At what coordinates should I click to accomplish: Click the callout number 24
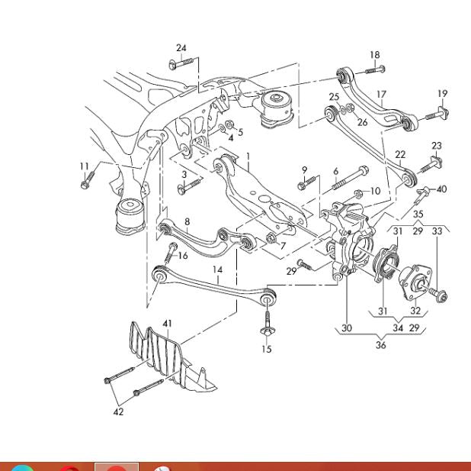coord(181,48)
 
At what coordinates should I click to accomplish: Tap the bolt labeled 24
coord(179,64)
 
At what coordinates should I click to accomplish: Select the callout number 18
coord(374,55)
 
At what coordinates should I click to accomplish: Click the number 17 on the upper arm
coord(381,95)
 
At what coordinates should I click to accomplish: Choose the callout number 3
coord(184,175)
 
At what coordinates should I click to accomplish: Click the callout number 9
coord(304,169)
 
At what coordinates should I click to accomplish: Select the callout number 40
coord(442,189)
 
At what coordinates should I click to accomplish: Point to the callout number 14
coord(217,269)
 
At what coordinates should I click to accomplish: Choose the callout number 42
coord(118,412)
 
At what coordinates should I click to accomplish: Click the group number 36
coord(380,344)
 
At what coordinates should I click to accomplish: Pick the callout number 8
coord(187,221)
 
